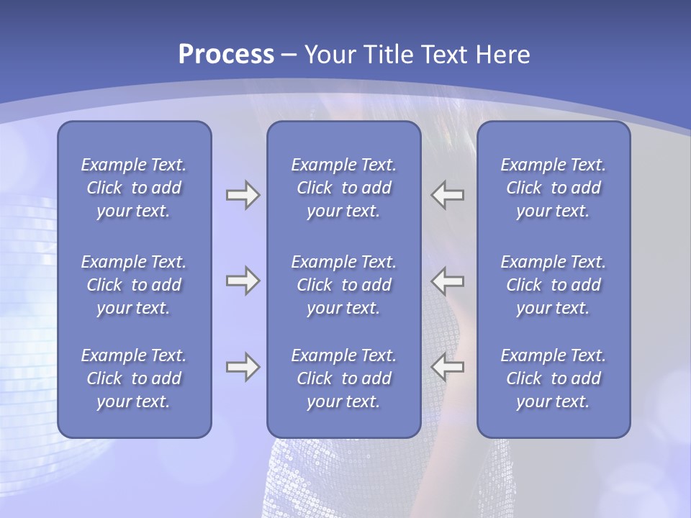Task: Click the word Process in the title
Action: click(x=226, y=55)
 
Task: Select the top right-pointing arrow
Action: click(x=243, y=195)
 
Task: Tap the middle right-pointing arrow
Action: click(x=243, y=281)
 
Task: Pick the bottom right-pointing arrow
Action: click(x=243, y=367)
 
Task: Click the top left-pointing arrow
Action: click(x=448, y=195)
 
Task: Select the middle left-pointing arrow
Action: click(x=448, y=281)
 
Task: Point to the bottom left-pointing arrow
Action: click(x=448, y=367)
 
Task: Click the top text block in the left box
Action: click(x=134, y=188)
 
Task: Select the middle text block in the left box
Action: click(x=134, y=285)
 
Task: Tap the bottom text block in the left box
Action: click(x=134, y=378)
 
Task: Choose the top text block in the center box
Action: click(x=344, y=188)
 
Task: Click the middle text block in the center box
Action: click(x=344, y=285)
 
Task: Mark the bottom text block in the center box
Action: click(x=344, y=378)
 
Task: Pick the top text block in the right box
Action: click(x=554, y=188)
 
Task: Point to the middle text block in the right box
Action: click(x=554, y=285)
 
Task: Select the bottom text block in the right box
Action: click(x=554, y=378)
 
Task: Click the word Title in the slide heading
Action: click(x=381, y=55)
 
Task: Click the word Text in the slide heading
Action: click(x=439, y=55)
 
